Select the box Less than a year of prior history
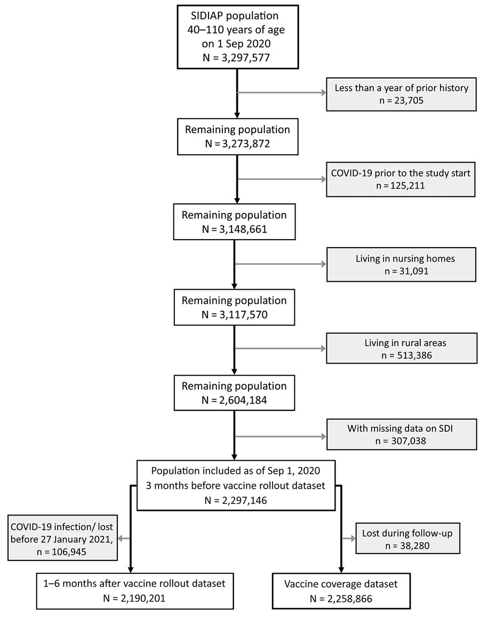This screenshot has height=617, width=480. (x=401, y=94)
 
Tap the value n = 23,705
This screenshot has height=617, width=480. (x=402, y=100)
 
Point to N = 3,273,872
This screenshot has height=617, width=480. (x=237, y=144)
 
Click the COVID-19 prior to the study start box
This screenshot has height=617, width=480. (x=401, y=179)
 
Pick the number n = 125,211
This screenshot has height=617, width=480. (x=401, y=185)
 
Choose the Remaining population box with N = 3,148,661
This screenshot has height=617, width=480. (x=234, y=222)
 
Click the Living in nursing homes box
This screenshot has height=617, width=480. (x=401, y=264)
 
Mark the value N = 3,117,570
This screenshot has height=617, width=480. (x=234, y=315)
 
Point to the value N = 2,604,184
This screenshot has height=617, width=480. (x=234, y=400)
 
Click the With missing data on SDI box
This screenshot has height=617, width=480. (x=402, y=434)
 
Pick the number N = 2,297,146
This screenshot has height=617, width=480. (x=236, y=500)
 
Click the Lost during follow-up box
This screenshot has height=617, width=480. (x=407, y=539)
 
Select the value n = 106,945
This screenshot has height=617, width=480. (x=62, y=552)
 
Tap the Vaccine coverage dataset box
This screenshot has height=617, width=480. (x=341, y=591)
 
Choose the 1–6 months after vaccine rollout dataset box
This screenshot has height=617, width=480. (x=134, y=591)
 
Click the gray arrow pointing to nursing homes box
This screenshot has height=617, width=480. (x=281, y=264)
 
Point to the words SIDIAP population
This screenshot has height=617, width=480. (x=235, y=15)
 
